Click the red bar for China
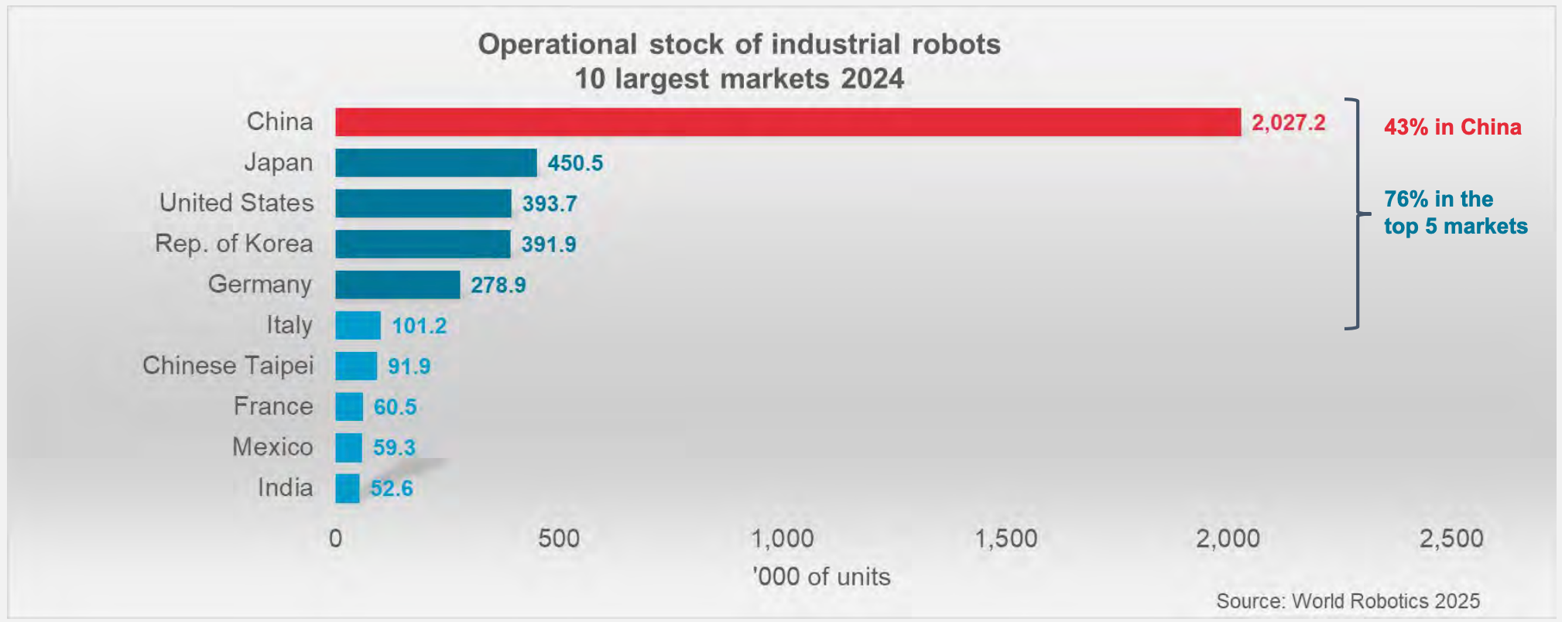pyautogui.click(x=787, y=122)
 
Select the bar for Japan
pyautogui.click(x=436, y=163)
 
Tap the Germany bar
pyautogui.click(x=397, y=285)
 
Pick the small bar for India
pyautogui.click(x=348, y=488)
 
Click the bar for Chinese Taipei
pyautogui.click(x=356, y=366)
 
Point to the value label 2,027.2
pyautogui.click(x=1288, y=123)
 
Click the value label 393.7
pyautogui.click(x=550, y=204)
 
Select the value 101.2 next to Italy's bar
pyautogui.click(x=419, y=326)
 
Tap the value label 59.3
pyautogui.click(x=394, y=448)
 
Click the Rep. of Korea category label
pyautogui.click(x=234, y=244)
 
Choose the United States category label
pyautogui.click(x=236, y=203)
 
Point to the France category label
pyautogui.click(x=273, y=406)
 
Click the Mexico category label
pyautogui.click(x=272, y=447)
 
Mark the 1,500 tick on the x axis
pyautogui.click(x=1005, y=538)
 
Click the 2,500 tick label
pyautogui.click(x=1451, y=538)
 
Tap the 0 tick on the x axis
pyautogui.click(x=335, y=538)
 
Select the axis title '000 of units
pyautogui.click(x=821, y=576)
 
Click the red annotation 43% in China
pyautogui.click(x=1452, y=127)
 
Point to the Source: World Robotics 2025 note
pyautogui.click(x=1348, y=601)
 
